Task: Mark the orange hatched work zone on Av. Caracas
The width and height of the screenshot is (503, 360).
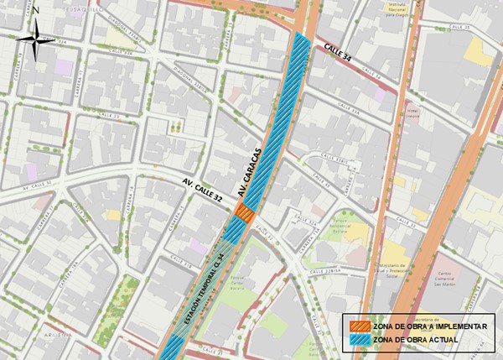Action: pos(243,214)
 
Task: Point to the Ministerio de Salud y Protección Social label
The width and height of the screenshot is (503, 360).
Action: pos(401,272)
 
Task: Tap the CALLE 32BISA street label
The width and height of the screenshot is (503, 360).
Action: pos(319,271)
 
